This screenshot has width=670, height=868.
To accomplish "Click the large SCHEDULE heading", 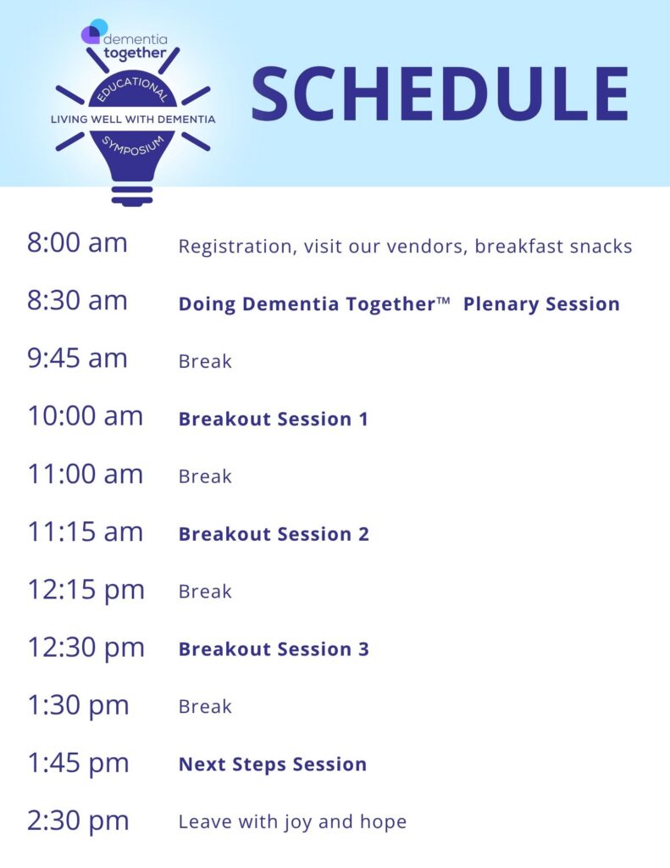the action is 440,93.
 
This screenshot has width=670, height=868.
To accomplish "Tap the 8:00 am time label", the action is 77,243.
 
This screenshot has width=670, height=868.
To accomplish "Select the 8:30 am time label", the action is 77,301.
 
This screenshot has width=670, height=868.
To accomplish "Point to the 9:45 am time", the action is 77,359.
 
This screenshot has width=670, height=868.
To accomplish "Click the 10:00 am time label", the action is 86,415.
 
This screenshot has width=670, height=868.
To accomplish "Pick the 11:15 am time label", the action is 86,532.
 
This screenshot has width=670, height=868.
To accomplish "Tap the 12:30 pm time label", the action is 86,648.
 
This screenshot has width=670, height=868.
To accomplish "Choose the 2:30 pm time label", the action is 78,821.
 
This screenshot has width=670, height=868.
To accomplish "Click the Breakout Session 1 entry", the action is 274,419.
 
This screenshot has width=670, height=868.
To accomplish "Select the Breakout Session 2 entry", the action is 274,534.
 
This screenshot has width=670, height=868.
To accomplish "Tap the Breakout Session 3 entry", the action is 274,649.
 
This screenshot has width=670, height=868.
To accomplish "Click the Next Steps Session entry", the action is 273,765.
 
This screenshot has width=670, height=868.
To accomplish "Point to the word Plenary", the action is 501,305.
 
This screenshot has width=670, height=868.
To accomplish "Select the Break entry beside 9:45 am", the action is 205,361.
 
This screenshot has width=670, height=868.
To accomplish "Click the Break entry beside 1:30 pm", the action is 205,707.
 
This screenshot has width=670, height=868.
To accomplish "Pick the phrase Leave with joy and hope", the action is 293,822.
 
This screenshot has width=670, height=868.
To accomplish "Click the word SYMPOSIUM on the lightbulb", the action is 133,146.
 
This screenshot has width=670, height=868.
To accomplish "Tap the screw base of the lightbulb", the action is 132,196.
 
